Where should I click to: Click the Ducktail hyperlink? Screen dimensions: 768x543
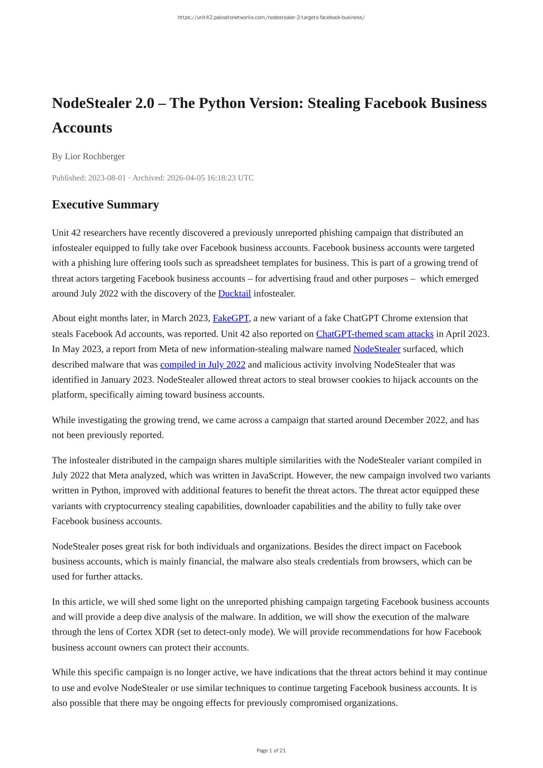click(x=234, y=293)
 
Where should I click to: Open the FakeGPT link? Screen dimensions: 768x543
click(x=230, y=318)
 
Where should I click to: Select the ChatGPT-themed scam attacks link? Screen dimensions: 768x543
click(x=375, y=334)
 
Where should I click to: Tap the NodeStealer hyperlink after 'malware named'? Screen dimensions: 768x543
click(x=376, y=349)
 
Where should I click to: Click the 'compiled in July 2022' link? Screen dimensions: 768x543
click(x=202, y=364)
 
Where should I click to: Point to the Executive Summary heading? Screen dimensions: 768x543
click(x=105, y=205)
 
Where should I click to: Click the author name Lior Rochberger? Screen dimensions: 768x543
click(x=94, y=156)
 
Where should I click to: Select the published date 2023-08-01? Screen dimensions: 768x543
click(x=107, y=178)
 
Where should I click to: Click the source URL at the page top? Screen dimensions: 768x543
click(x=271, y=17)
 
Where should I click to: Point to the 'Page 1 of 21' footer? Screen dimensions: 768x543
click(x=271, y=751)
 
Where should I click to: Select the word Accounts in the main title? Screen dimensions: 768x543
click(x=82, y=128)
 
